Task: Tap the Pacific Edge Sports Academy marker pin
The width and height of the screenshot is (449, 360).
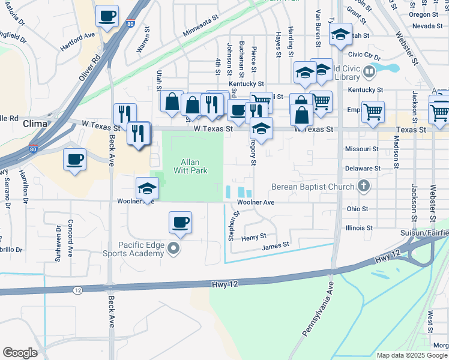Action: pyautogui.click(x=174, y=248)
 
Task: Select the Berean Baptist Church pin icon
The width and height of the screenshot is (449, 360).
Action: pyautogui.click(x=363, y=187)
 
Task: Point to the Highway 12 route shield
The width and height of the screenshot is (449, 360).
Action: pyautogui.click(x=77, y=290)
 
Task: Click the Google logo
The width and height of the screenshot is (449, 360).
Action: pyautogui.click(x=20, y=353)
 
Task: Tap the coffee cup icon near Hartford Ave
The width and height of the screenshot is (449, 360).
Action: pyautogui.click(x=107, y=16)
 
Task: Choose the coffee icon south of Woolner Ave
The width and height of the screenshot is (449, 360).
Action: pyautogui.click(x=180, y=223)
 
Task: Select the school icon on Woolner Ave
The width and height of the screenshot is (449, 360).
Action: pyautogui.click(x=147, y=188)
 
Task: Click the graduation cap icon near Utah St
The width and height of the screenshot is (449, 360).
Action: pyautogui.click(x=340, y=34)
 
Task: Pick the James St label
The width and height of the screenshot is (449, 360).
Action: pyautogui.click(x=276, y=245)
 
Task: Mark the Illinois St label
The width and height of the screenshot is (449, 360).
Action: pyautogui.click(x=360, y=228)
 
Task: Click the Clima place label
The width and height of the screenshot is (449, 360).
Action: pyautogui.click(x=34, y=124)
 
